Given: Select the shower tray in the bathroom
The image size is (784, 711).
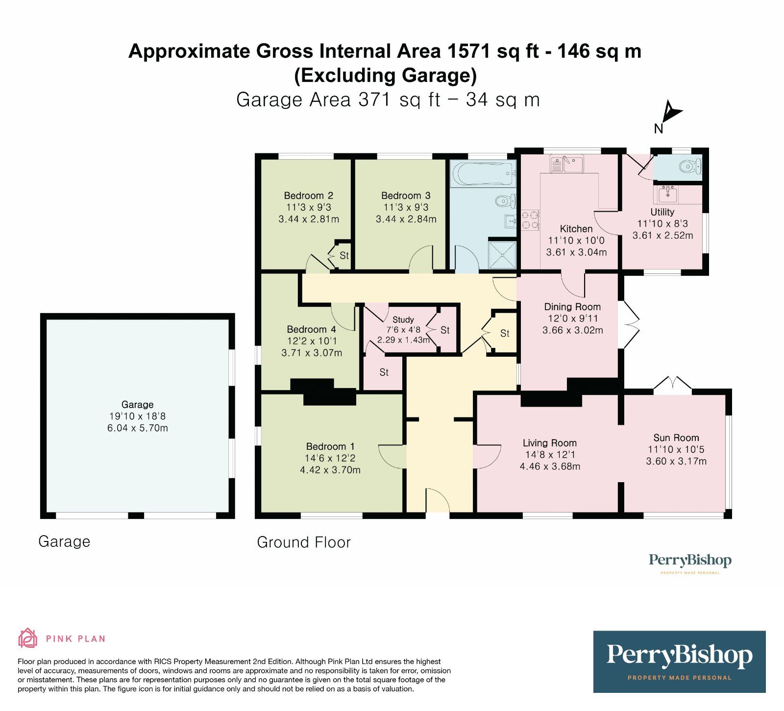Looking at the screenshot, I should click(x=503, y=254).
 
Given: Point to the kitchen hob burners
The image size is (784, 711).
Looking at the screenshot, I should click(x=530, y=220).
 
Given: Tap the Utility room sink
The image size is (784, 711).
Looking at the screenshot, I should click(x=667, y=195).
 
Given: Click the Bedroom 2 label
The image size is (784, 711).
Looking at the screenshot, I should click(x=308, y=196).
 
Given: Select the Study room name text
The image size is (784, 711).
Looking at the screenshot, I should click(x=403, y=319).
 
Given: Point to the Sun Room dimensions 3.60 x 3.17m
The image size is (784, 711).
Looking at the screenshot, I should click(x=676, y=461).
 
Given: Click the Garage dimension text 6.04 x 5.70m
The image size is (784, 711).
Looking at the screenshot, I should click(x=137, y=428).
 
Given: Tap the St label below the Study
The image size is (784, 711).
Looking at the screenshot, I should click(x=384, y=372).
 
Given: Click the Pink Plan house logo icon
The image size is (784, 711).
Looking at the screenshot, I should click(x=28, y=638).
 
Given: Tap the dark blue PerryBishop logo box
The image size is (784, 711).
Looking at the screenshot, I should click(x=679, y=661).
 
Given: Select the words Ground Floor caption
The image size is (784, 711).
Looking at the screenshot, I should click(x=304, y=542).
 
